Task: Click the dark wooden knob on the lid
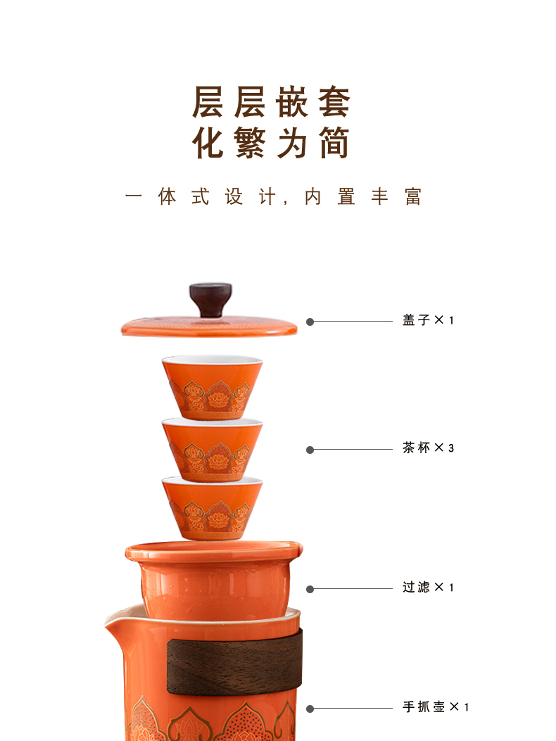[x=210, y=299]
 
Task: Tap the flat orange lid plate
[x=209, y=326]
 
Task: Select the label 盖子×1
[x=428, y=321]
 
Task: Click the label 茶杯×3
[x=428, y=448]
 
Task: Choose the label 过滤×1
[x=428, y=588]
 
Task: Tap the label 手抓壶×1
[x=435, y=707]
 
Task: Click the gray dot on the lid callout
[x=310, y=322]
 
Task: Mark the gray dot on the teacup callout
[x=310, y=450]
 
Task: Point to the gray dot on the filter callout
[x=310, y=589]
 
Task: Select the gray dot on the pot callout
[x=310, y=709]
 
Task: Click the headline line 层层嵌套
[x=272, y=103]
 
